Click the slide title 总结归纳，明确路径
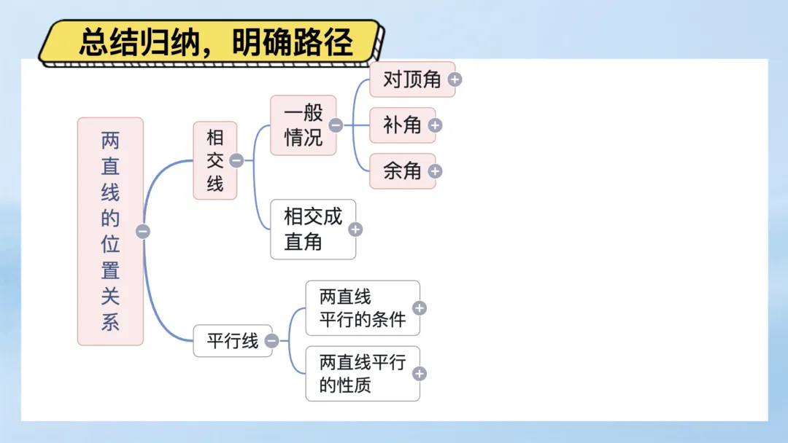tap(216, 43)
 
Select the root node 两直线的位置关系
tap(110, 231)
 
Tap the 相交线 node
tap(215, 160)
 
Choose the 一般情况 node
tap(303, 125)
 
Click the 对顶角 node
tap(412, 79)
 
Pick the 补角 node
tap(402, 125)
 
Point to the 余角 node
tap(402, 171)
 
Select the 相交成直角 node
tap(312, 230)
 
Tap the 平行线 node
tap(232, 340)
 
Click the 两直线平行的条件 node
tap(362, 308)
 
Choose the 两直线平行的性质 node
tap(362, 373)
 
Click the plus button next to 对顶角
tap(455, 79)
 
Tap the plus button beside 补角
tap(435, 125)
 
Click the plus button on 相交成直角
tap(355, 230)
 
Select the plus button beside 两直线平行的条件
tap(420, 308)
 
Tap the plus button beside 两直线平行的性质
tap(420, 374)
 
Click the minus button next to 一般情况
tap(336, 125)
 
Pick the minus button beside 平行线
tap(271, 340)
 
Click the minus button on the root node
tap(143, 232)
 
